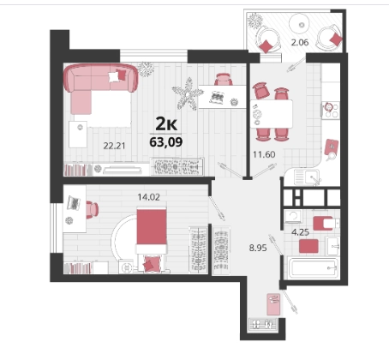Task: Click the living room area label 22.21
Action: coord(114,146)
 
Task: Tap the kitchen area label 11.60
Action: coord(264,154)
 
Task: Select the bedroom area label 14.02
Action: coord(148,197)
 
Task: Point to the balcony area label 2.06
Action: coord(300,43)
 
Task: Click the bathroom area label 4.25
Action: coord(300,232)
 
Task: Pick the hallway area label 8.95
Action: coord(258,248)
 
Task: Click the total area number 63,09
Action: coord(166,141)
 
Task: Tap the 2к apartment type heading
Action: coord(166,124)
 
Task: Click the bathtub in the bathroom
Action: coord(314,267)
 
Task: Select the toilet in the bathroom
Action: coord(326,223)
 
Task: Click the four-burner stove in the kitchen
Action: coord(331,111)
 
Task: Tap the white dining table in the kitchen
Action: coord(272,114)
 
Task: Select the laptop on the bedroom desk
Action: coord(74,203)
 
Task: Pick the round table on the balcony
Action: coord(302,25)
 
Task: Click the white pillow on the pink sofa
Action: coord(113,77)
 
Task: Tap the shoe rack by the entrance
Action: coord(263,325)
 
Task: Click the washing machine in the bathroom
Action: coord(293,216)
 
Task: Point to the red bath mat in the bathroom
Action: coord(308,246)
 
